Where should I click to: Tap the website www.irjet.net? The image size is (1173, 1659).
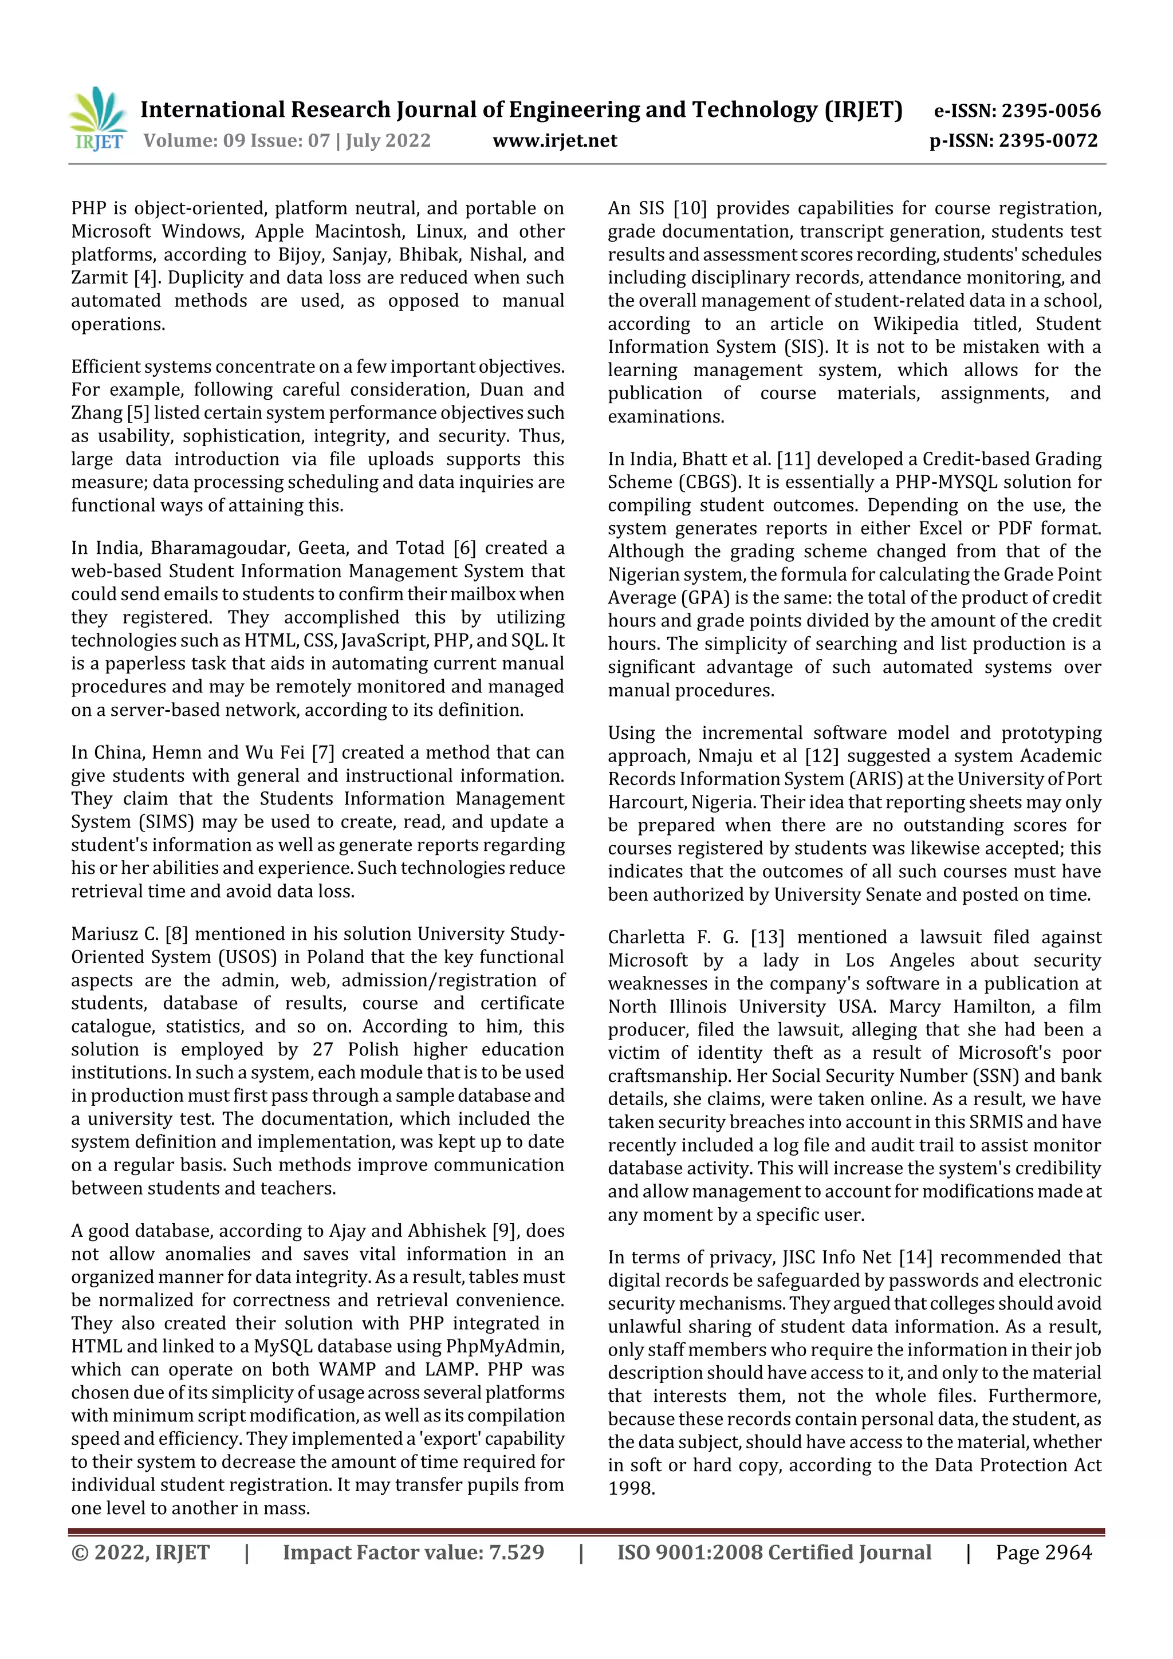tap(554, 141)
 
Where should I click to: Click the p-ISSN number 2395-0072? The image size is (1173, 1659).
tap(1048, 141)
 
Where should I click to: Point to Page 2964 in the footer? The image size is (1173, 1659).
tap(1043, 1552)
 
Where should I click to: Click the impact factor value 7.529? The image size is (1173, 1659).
tap(516, 1552)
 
